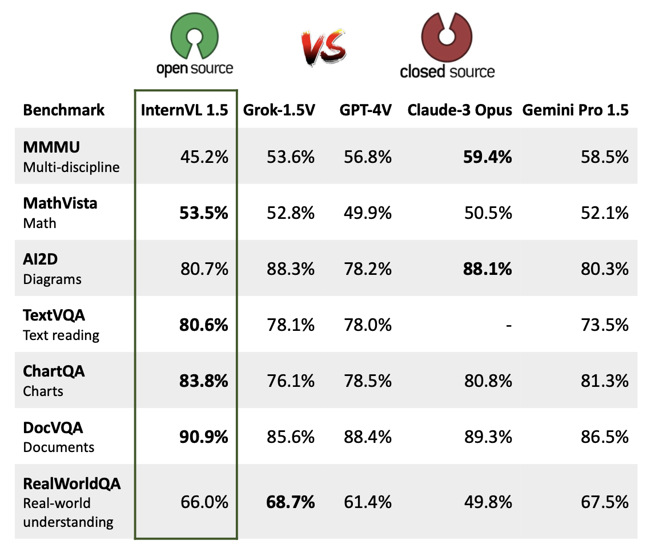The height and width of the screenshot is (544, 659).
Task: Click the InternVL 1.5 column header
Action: pos(185,110)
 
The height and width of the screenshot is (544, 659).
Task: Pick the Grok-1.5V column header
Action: pos(279,110)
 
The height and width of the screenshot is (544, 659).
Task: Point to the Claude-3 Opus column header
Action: pos(460,110)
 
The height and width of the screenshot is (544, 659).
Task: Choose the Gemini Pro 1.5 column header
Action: pos(575,110)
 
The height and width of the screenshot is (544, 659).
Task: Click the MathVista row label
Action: pos(60,203)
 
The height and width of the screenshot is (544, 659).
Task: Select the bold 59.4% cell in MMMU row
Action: pos(487,156)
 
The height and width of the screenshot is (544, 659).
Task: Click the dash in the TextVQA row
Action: pos(508,325)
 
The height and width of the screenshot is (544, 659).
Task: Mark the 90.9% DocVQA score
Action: pos(204,437)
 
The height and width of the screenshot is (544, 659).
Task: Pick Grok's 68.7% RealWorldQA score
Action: pos(291,502)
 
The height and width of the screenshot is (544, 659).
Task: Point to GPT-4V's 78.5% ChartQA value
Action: pos(368,381)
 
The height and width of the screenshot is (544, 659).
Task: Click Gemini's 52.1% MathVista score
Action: pos(605,213)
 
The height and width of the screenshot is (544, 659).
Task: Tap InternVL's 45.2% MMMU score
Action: pos(204,156)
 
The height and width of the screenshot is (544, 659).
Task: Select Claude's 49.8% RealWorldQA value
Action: pos(488,502)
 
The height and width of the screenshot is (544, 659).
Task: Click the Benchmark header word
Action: pos(64,110)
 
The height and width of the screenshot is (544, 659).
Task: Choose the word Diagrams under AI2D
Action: pos(52,279)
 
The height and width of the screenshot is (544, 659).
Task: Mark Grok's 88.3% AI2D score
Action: pos(291,269)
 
